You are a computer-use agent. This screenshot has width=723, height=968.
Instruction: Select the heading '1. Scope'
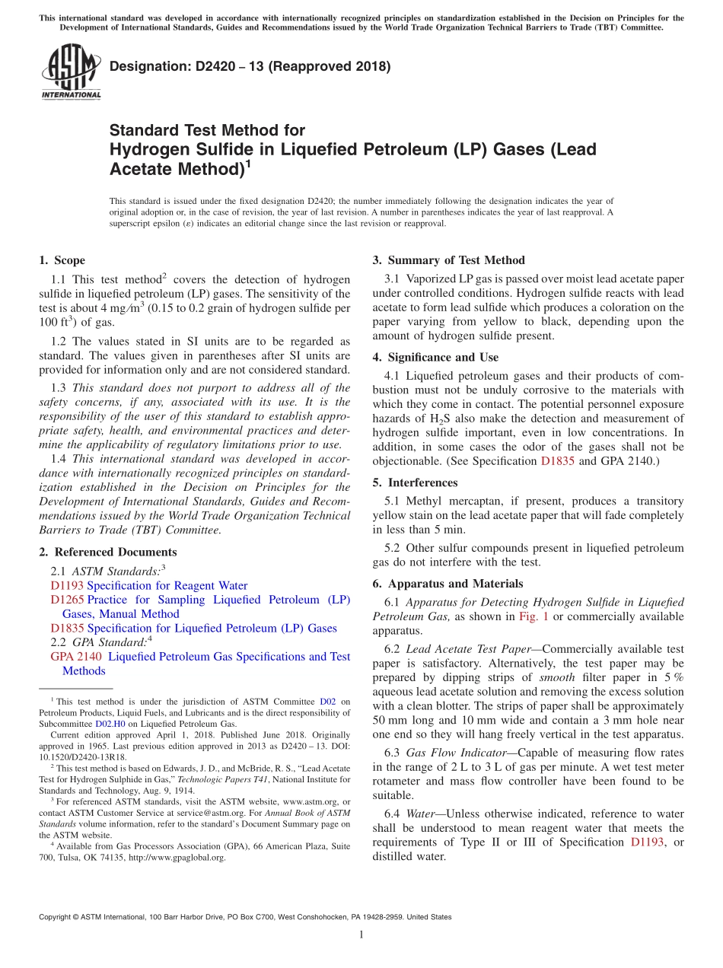62,260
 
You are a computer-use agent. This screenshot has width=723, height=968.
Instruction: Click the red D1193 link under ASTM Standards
67,585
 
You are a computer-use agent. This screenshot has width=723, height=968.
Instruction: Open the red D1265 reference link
67,600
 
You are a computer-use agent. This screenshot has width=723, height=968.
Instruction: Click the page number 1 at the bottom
361,935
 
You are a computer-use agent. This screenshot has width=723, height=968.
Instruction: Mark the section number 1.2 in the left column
60,342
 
